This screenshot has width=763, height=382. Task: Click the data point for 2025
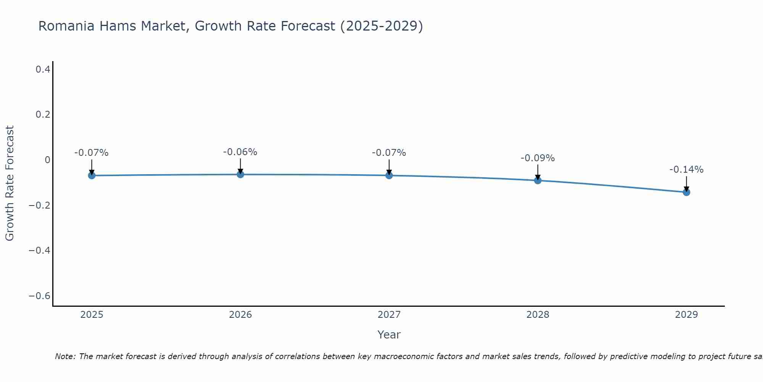click(x=92, y=175)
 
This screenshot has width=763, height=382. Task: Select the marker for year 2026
click(x=240, y=174)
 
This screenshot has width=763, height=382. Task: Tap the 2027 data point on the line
click(x=389, y=175)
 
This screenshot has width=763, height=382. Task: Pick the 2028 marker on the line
click(x=538, y=180)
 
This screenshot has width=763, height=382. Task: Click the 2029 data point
click(x=686, y=192)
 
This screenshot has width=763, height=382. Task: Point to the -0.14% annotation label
click(x=686, y=170)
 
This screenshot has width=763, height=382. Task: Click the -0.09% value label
click(x=538, y=158)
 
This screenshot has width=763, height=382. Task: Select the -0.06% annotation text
click(x=240, y=152)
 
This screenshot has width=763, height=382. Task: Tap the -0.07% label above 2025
click(x=92, y=153)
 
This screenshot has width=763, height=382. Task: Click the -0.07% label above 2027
click(x=389, y=153)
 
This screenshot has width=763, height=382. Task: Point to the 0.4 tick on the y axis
click(x=43, y=70)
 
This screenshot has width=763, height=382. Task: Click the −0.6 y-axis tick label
click(x=40, y=296)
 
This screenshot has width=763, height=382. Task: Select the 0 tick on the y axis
click(x=47, y=160)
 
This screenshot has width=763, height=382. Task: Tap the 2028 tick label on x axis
click(x=538, y=315)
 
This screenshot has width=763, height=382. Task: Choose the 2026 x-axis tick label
click(x=240, y=315)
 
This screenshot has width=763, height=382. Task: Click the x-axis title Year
click(x=389, y=335)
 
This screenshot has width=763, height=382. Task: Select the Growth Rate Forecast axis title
click(x=10, y=183)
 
